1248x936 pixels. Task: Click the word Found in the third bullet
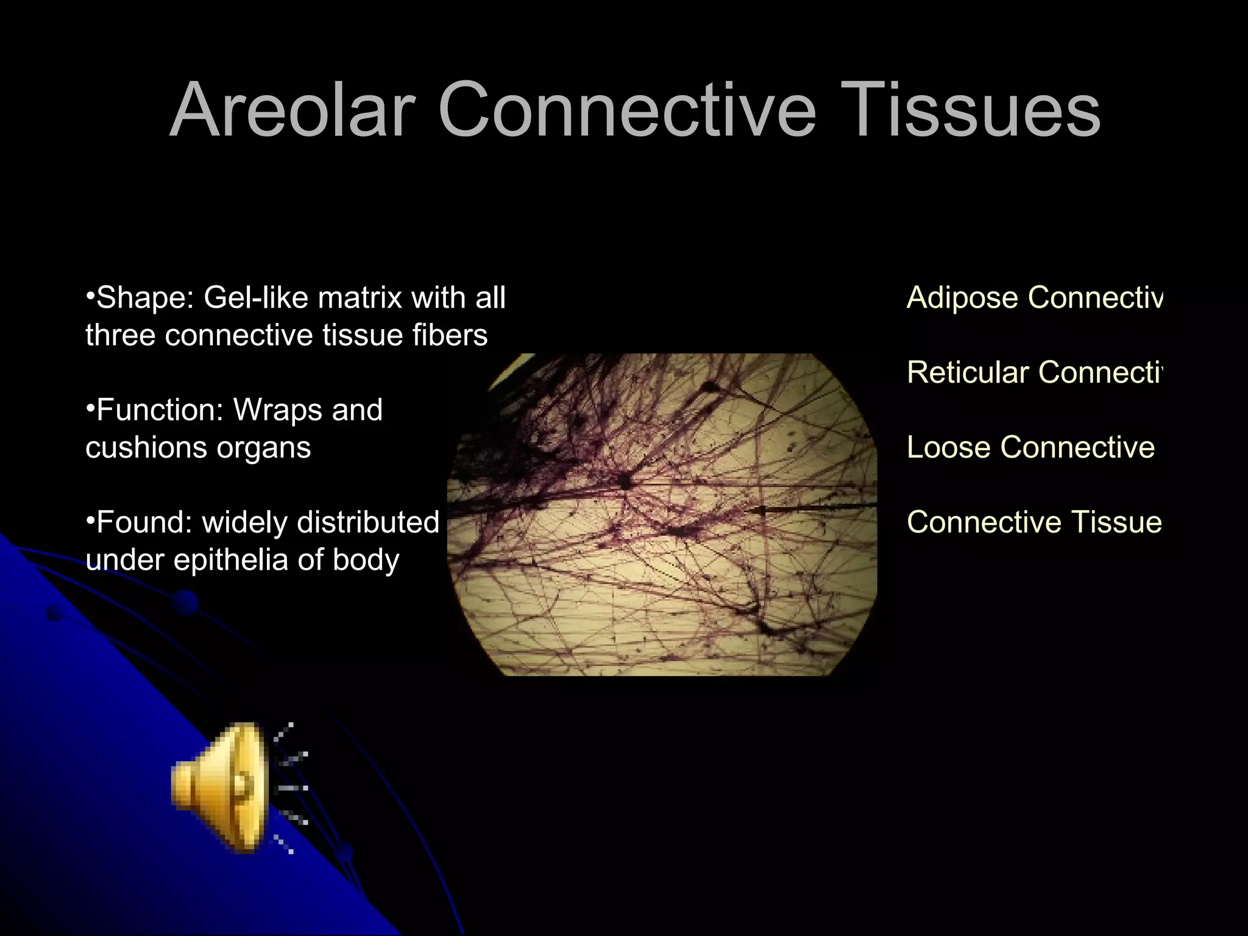pos(144,522)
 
